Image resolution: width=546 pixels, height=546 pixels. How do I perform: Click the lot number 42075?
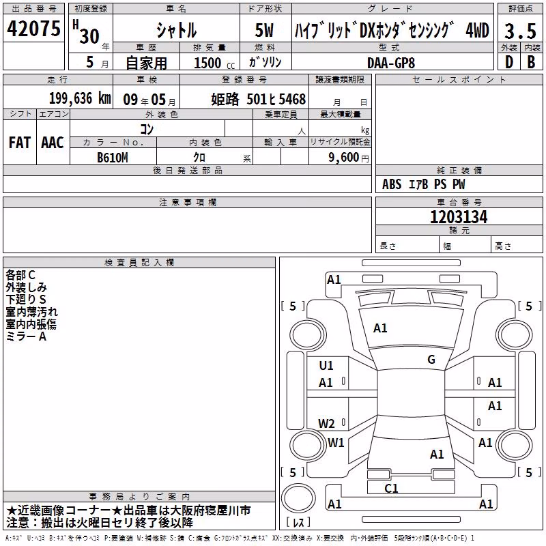(x=33, y=29)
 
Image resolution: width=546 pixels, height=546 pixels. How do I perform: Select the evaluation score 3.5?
(x=520, y=31)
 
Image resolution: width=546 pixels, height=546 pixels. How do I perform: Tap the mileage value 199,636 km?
(x=80, y=98)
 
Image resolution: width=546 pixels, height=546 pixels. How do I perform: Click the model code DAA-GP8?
(x=391, y=63)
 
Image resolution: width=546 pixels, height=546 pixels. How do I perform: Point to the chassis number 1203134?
(x=459, y=217)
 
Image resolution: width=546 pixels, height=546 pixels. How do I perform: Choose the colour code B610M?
(x=112, y=158)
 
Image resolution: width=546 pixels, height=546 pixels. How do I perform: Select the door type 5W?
(x=264, y=30)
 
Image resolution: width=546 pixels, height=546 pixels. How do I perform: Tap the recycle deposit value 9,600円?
(x=349, y=158)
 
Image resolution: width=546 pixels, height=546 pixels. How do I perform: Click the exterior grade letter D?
(x=509, y=62)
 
